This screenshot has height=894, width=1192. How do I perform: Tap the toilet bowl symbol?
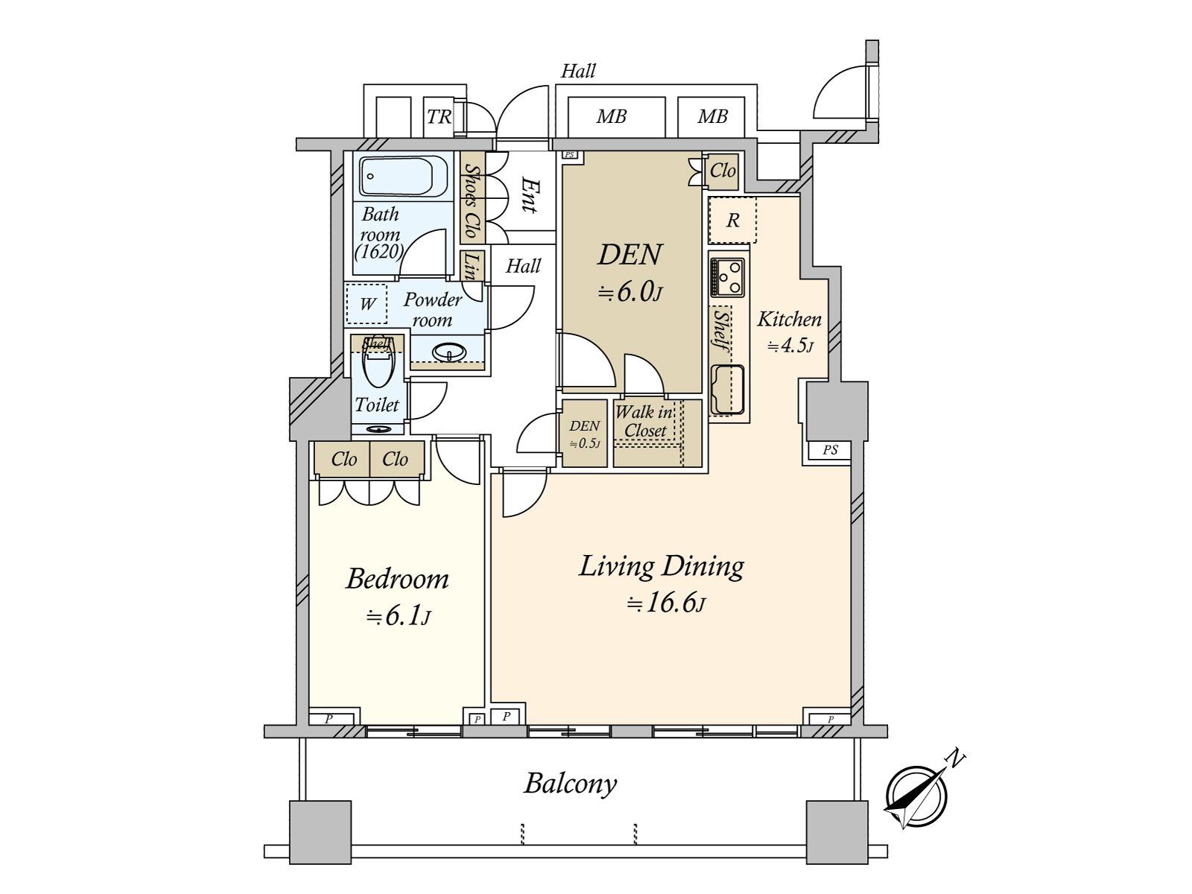click(x=378, y=364)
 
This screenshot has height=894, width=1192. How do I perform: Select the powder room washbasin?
click(x=449, y=353)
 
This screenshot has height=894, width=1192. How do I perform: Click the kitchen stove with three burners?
click(x=727, y=277)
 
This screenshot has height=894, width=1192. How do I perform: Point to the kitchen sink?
click(x=728, y=390)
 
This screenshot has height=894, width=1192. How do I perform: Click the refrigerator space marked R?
click(x=732, y=220)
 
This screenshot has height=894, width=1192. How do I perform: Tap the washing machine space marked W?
click(x=367, y=304)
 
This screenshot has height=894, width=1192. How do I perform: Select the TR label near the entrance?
click(x=439, y=117)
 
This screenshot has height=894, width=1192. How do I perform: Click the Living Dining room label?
click(x=661, y=566)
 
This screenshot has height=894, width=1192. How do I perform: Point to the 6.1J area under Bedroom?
click(x=399, y=617)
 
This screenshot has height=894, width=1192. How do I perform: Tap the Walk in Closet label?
click(x=644, y=421)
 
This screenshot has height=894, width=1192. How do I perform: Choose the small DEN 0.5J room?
click(x=584, y=433)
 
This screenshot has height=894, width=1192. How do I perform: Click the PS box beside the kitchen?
click(x=830, y=450)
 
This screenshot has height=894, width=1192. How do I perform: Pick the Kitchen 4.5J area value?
click(x=790, y=346)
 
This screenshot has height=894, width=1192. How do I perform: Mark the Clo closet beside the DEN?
click(x=723, y=171)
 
